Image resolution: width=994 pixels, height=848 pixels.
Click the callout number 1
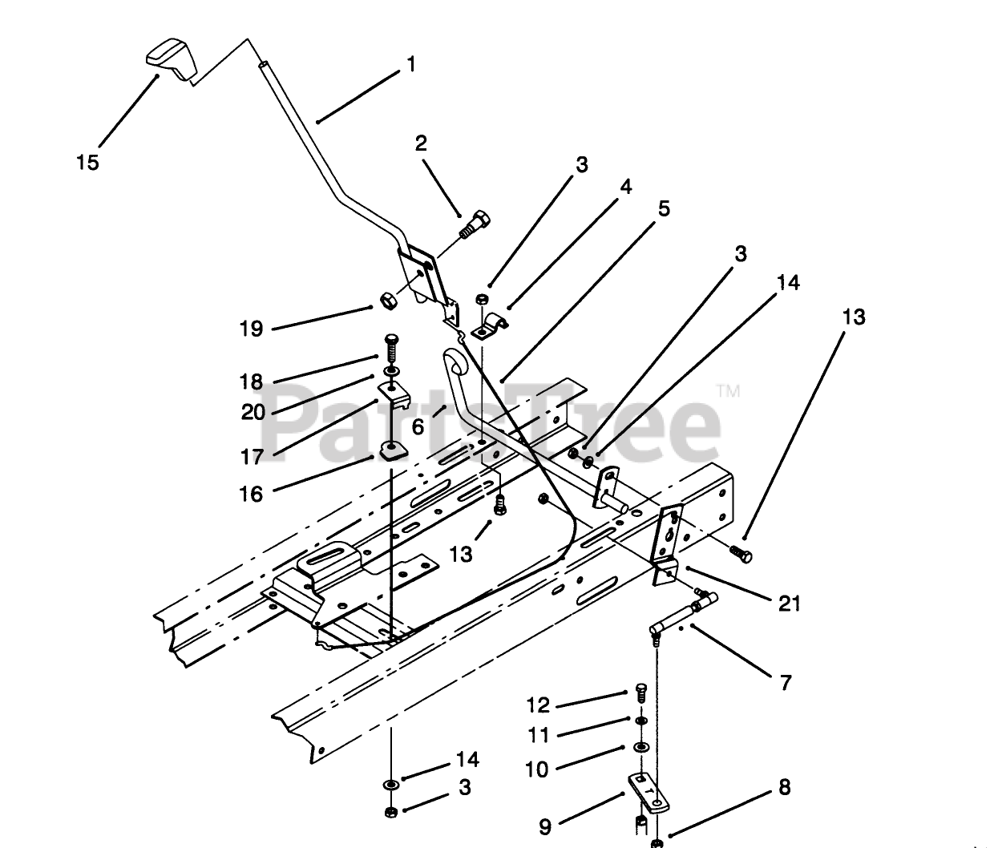click(x=412, y=64)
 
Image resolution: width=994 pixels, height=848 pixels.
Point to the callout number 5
click(x=663, y=209)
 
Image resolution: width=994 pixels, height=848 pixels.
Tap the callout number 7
click(x=786, y=683)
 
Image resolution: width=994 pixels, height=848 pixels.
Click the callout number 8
click(x=784, y=787)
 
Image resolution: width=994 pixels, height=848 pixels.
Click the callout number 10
click(x=536, y=769)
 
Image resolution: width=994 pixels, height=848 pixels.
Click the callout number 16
click(x=251, y=495)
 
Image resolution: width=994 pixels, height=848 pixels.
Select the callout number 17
click(x=251, y=457)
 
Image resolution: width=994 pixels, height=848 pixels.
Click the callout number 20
click(x=253, y=412)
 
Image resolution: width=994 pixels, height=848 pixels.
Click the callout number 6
click(x=418, y=427)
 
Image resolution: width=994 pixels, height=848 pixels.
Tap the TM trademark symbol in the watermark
click(x=727, y=391)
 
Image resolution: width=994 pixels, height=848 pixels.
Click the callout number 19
click(x=251, y=329)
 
